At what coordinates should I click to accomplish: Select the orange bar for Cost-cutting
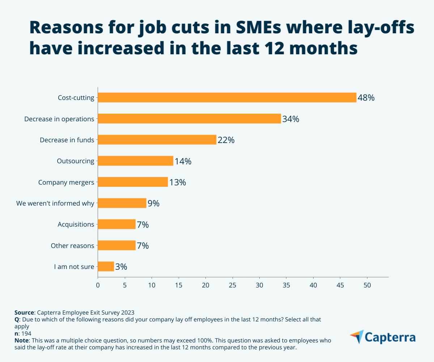[227, 97]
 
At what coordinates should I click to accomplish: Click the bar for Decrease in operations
[189, 119]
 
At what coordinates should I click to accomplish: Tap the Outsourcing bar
[136, 161]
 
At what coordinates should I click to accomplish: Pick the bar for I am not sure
[106, 267]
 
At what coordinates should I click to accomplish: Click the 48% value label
[366, 98]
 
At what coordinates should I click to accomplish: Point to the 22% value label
[226, 140]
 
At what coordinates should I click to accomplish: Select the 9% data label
[153, 203]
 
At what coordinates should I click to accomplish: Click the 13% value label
[178, 182]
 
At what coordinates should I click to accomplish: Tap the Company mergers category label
[66, 182]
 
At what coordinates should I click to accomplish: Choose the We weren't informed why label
[55, 203]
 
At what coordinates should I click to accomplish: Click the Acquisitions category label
[76, 224]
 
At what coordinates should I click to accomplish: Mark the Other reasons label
[72, 246]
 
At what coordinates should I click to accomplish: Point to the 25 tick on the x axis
[233, 285]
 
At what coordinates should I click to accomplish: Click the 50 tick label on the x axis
[367, 285]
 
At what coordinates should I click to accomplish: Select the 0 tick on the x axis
[98, 285]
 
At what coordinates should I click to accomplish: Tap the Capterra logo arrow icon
[357, 336]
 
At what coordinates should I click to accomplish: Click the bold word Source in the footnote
[24, 312]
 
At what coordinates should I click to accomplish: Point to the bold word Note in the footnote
[22, 341]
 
